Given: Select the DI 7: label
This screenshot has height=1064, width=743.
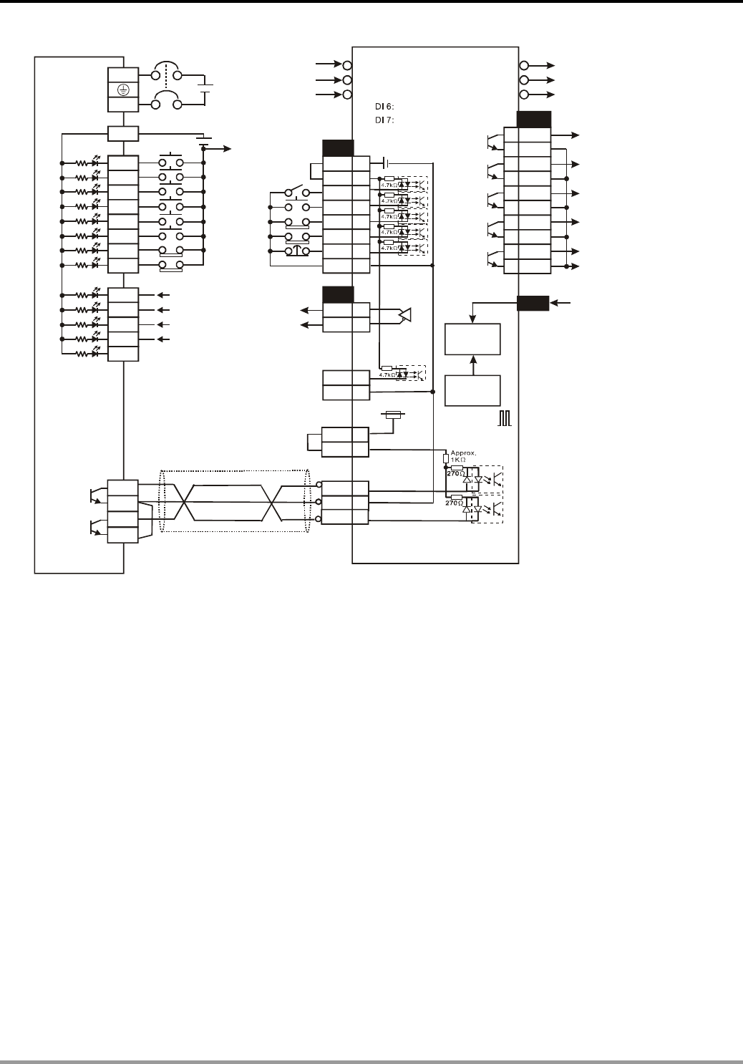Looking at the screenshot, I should pos(386,120).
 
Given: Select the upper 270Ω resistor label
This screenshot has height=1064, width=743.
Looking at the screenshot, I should pos(455,473).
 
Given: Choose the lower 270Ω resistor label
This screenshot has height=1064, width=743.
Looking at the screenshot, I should pos(455,503).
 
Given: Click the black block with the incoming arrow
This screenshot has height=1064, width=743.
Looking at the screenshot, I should pos(533,304).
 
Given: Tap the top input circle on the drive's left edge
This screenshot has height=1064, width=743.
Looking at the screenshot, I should pos(347,65).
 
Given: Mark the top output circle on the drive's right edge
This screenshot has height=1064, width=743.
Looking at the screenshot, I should pos(524,65).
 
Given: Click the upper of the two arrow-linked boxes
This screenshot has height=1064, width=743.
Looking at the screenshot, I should pos(472,339).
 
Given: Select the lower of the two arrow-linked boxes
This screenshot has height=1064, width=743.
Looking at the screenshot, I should pos(472,390).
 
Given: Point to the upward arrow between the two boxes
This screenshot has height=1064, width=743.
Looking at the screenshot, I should pos(472,364).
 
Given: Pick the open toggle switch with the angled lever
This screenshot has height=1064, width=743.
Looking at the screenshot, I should pos(296,192).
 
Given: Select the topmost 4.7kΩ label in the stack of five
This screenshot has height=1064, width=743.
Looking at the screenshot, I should pos(389,184).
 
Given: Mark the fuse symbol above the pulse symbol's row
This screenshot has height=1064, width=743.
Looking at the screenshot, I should pos(394,414).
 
